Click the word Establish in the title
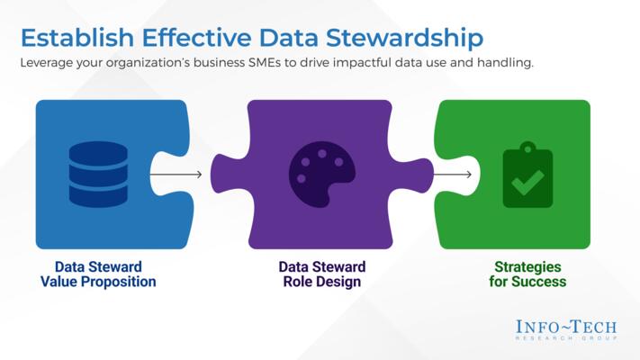point(74,38)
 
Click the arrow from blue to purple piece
point(176,174)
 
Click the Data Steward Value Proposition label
point(98,274)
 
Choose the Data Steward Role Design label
point(321,274)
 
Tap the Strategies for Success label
point(529,274)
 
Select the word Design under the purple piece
point(342,283)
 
